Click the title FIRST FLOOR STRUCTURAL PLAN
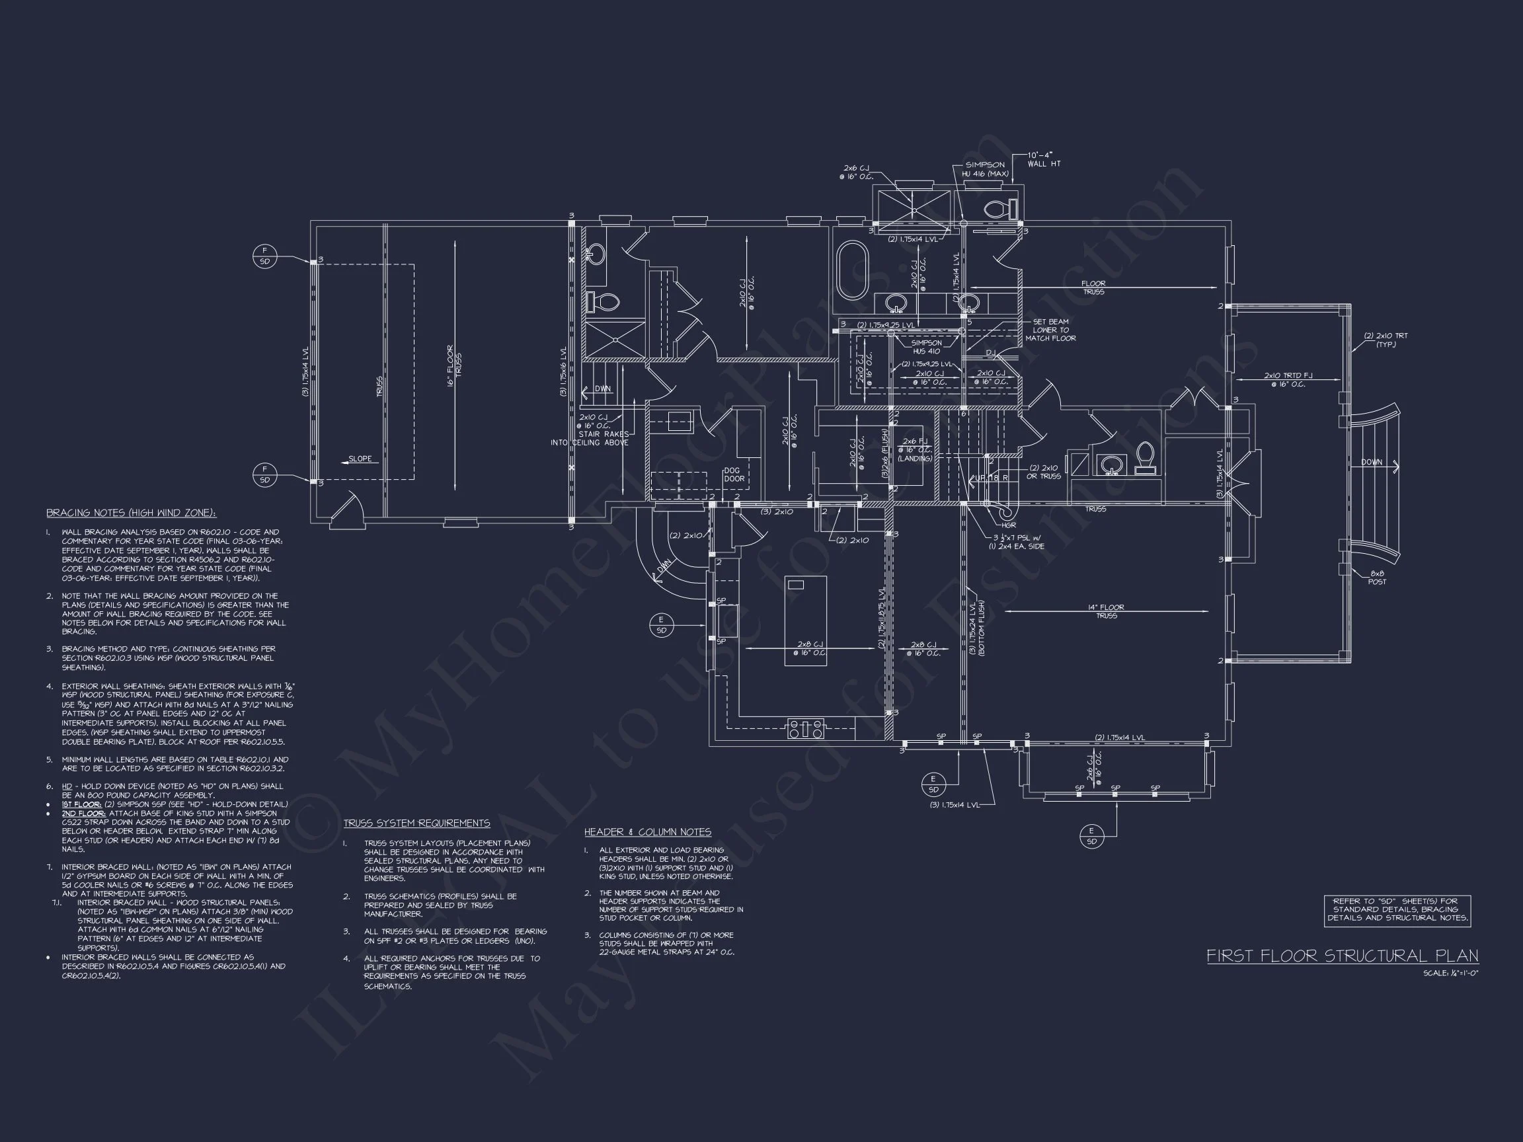[x=1342, y=956]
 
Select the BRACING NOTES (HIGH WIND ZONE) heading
[x=131, y=513]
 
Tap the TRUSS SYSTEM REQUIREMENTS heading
[x=416, y=823]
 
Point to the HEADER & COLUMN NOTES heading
[x=647, y=832]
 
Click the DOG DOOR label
[x=734, y=475]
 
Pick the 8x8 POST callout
[x=1377, y=578]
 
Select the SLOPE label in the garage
[x=360, y=459]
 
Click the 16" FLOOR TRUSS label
[x=454, y=365]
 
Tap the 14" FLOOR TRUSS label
[x=1107, y=611]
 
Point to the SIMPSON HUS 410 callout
[x=926, y=347]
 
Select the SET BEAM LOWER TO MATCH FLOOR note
[x=1050, y=330]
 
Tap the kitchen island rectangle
[x=806, y=620]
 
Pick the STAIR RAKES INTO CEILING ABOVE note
[x=591, y=438]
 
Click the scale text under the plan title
[x=1451, y=973]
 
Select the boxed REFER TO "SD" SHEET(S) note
[x=1397, y=910]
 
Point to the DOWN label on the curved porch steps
[x=1371, y=463]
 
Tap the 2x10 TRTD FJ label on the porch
[x=1288, y=380]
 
